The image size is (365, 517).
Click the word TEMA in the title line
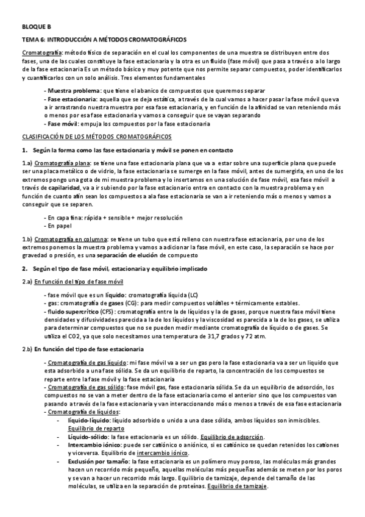[30, 38]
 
